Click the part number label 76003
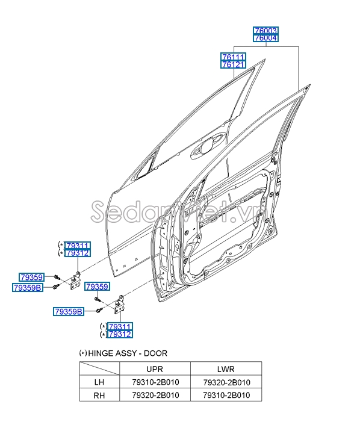tap(266, 30)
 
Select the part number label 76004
tap(266, 38)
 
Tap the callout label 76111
tap(234, 56)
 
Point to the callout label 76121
tap(234, 64)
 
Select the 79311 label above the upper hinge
tap(78, 246)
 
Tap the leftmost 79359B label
tap(28, 288)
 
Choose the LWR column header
tap(226, 369)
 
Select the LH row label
tap(100, 382)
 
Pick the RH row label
tap(100, 395)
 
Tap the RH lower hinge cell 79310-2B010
tap(226, 395)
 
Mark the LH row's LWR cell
tap(226, 382)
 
